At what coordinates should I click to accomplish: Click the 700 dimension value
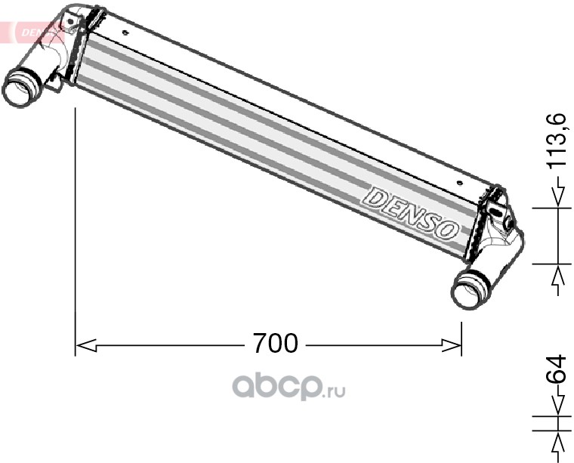[276, 344]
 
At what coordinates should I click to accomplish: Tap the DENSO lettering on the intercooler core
[412, 214]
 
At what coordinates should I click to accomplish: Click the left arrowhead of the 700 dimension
[85, 345]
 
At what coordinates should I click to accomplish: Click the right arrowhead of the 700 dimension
[451, 345]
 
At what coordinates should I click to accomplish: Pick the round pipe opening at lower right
[471, 289]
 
